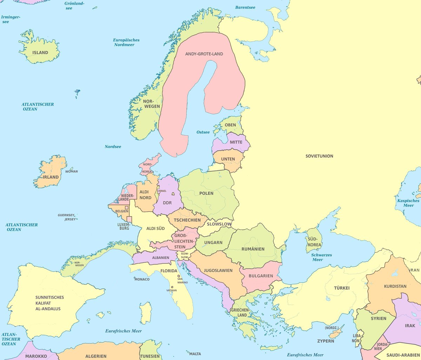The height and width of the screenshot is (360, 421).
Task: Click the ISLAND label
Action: [x=40, y=53]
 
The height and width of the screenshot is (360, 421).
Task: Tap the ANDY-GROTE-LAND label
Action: [x=204, y=54]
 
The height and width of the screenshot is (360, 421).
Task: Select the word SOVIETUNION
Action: [x=319, y=156]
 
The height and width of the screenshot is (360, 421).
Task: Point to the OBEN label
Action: [x=230, y=125]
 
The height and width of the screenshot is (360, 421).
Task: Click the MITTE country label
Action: [x=236, y=142]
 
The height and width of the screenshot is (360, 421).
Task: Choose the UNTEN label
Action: [x=228, y=159]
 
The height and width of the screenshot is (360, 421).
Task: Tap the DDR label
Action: [x=167, y=203]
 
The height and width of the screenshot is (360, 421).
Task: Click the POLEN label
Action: [x=206, y=193]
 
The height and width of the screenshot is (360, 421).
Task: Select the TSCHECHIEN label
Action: [x=187, y=220]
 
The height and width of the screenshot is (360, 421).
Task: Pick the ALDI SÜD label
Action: [x=155, y=228]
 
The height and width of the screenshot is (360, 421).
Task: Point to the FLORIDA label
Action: [x=169, y=271]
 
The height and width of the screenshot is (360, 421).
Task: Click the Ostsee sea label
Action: [x=203, y=132]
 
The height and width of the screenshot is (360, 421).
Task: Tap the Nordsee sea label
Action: [x=113, y=147]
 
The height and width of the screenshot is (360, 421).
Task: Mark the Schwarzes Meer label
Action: [x=321, y=257]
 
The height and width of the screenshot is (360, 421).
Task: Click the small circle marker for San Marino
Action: [x=179, y=276]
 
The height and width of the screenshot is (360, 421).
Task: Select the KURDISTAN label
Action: [x=395, y=286]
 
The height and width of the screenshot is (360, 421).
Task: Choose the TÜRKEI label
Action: [x=342, y=288]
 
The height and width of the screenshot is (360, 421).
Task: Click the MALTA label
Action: [x=195, y=354]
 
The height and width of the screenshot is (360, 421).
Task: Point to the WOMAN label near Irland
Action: [x=72, y=172]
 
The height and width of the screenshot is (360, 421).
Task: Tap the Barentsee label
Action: [x=245, y=7]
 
